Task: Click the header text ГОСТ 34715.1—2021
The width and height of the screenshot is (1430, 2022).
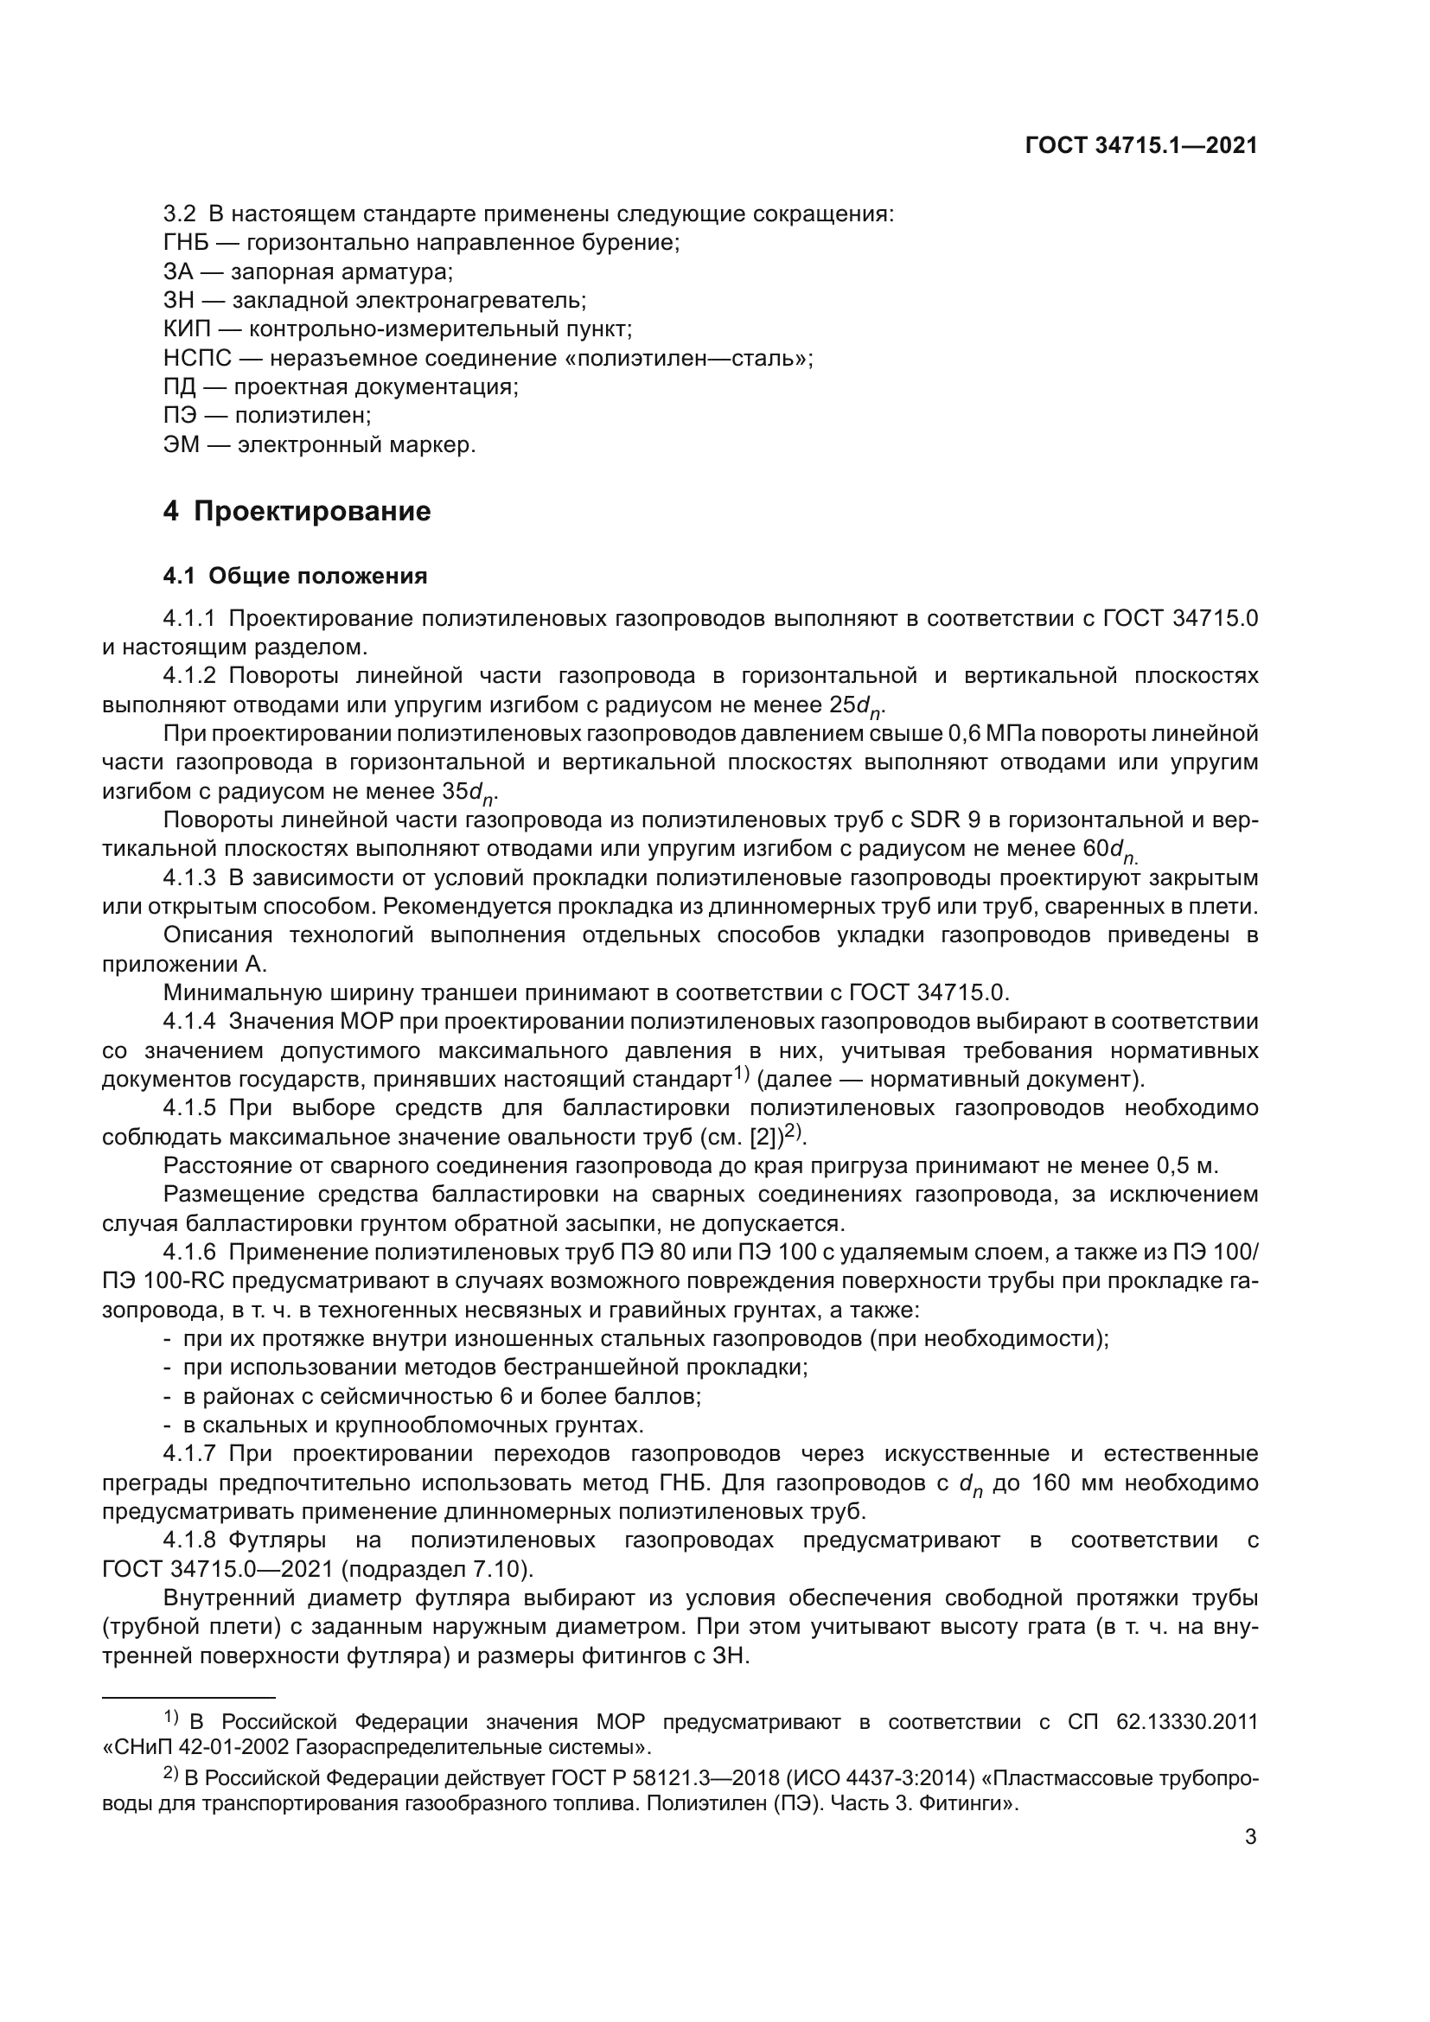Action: pos(1141,145)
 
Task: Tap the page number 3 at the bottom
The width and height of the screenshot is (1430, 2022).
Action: pos(1250,1837)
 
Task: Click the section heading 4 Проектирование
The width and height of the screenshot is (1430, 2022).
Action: pos(297,512)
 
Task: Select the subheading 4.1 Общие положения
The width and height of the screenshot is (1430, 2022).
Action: pos(295,576)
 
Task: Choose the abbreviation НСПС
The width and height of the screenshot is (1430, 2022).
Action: pos(198,359)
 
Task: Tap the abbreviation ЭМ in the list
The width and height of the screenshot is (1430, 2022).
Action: pos(181,444)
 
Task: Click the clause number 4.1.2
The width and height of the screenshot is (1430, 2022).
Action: pos(189,675)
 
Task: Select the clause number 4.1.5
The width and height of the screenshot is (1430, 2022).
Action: pos(189,1107)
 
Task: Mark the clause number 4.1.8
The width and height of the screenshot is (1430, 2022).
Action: pos(189,1540)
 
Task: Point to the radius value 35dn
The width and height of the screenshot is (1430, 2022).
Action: pos(469,793)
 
